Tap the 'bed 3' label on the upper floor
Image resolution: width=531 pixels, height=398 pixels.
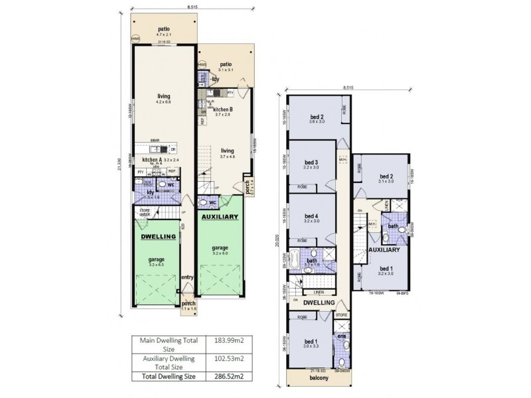coord(312,162)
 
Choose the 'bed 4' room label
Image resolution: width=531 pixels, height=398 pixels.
coord(312,216)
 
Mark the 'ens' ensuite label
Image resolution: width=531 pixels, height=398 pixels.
coord(342,337)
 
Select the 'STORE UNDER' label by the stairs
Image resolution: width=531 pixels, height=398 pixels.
coord(144,213)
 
